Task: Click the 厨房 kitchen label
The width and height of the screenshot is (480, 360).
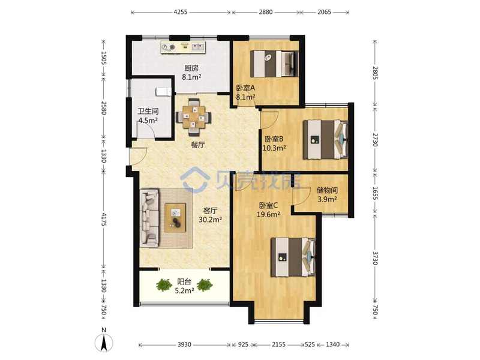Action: tap(191, 68)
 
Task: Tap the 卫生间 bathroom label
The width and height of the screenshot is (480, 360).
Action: tap(148, 111)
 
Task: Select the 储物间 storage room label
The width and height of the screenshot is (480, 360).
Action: tap(327, 190)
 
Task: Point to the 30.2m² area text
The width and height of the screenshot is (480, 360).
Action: tap(211, 220)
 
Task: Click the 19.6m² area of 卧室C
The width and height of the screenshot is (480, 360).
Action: tap(268, 214)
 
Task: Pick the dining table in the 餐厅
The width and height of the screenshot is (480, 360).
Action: tap(193, 117)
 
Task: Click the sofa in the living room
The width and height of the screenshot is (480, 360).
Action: tap(149, 218)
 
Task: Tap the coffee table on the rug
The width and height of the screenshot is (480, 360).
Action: tap(175, 217)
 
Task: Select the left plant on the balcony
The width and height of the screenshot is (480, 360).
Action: tap(164, 285)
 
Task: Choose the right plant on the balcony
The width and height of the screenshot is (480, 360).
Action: tap(205, 285)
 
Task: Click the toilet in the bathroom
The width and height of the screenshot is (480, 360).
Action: tap(163, 91)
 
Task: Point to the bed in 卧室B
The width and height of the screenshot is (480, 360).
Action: tap(325, 140)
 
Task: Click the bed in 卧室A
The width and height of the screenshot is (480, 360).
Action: tap(274, 64)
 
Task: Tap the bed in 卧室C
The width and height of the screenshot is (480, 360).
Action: tap(293, 257)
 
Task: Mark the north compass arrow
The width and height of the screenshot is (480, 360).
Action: tap(104, 343)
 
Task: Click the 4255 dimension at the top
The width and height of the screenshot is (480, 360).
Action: tap(181, 12)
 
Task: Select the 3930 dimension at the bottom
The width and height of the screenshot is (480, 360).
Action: tap(184, 344)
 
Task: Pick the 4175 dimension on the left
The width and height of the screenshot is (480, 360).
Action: tap(103, 220)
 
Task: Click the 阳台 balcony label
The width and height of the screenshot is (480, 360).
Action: tap(184, 281)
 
